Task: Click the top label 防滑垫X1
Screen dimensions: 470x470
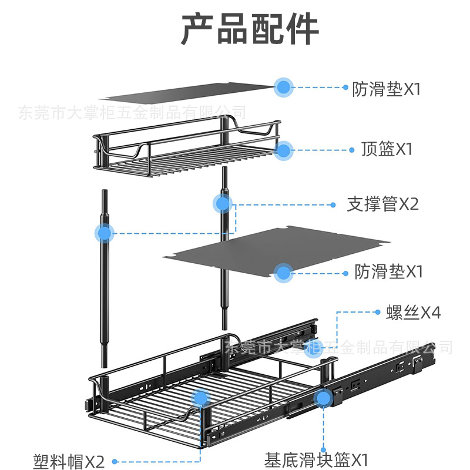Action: pos(387,89)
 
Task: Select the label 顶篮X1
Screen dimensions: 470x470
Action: pos(387,149)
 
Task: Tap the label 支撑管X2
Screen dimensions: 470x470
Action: pos(382,204)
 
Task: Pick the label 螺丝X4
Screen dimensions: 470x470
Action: pos(413,313)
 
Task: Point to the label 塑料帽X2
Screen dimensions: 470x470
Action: pos(69,461)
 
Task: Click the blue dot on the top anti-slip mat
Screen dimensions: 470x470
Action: pos(284,88)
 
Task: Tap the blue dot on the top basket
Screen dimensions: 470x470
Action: pos(284,150)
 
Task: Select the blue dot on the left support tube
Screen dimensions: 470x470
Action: pos(105,233)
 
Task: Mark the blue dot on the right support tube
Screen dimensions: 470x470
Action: pos(223,204)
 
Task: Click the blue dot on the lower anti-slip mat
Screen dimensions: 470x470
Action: pos(284,272)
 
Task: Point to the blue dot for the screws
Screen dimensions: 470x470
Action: pos(311,351)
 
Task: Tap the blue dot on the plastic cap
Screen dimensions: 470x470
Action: pos(200,399)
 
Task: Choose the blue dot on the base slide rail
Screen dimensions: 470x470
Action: pos(322,398)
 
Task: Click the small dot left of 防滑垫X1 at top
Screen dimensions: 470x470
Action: pos(345,88)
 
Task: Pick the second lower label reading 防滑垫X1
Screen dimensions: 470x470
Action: pos(388,271)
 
